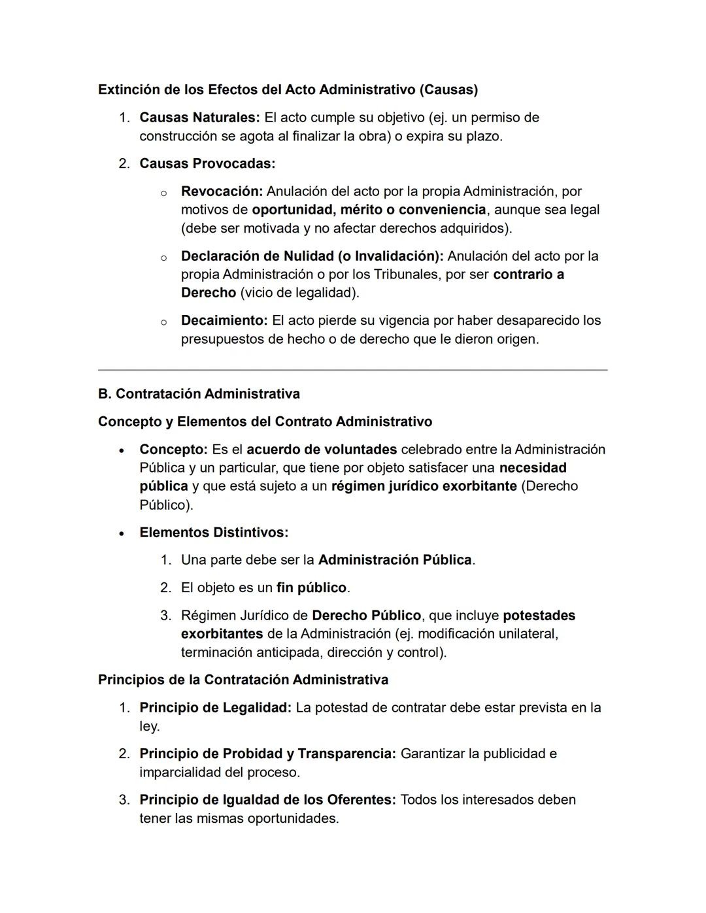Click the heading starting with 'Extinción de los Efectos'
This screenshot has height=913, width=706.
tap(288, 90)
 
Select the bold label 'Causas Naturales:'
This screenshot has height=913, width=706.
tap(199, 118)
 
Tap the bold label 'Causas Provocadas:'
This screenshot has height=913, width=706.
tap(207, 163)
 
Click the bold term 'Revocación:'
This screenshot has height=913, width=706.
tap(222, 191)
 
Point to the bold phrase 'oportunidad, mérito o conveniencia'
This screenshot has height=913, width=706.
tap(369, 210)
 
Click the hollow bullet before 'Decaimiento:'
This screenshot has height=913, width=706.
tap(163, 322)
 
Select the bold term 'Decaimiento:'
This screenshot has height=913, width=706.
tap(224, 321)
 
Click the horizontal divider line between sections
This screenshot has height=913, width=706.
tap(352, 370)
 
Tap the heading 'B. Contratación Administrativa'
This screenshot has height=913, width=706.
tap(199, 394)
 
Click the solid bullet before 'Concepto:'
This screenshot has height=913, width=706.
tap(122, 450)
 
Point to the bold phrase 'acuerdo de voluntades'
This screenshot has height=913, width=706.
tap(322, 450)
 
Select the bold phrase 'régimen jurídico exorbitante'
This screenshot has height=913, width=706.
tap(424, 486)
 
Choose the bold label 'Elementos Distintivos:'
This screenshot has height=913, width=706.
tap(214, 533)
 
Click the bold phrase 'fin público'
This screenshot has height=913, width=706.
tap(311, 588)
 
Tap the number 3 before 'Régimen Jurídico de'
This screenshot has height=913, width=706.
tap(165, 616)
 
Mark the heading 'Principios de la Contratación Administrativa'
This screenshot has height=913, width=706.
tap(243, 680)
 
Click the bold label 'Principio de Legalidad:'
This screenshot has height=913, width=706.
tap(215, 708)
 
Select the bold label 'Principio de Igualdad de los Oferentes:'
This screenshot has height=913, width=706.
tap(267, 800)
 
